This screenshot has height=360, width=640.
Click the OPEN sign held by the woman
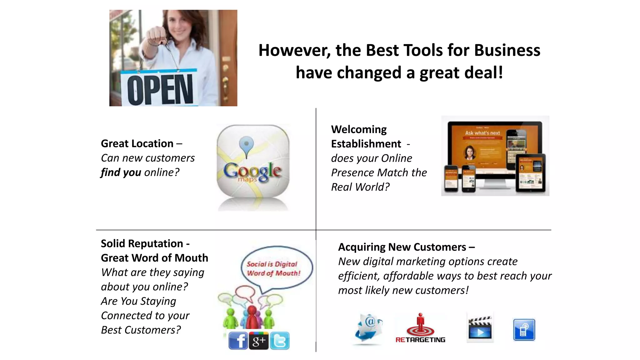(159, 89)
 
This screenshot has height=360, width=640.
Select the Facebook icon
(238, 340)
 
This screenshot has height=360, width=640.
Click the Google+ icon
(259, 341)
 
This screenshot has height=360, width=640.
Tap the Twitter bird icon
(280, 341)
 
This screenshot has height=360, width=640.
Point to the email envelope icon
(369, 328)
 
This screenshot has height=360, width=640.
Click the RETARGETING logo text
(420, 340)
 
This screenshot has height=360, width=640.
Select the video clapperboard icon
(480, 328)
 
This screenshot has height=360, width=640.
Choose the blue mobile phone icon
(524, 330)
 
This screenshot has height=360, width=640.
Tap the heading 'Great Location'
(137, 143)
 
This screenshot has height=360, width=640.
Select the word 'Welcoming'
(359, 129)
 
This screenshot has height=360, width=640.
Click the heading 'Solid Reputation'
(142, 243)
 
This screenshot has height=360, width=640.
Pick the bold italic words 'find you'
(121, 172)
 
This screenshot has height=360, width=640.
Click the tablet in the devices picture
(530, 173)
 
